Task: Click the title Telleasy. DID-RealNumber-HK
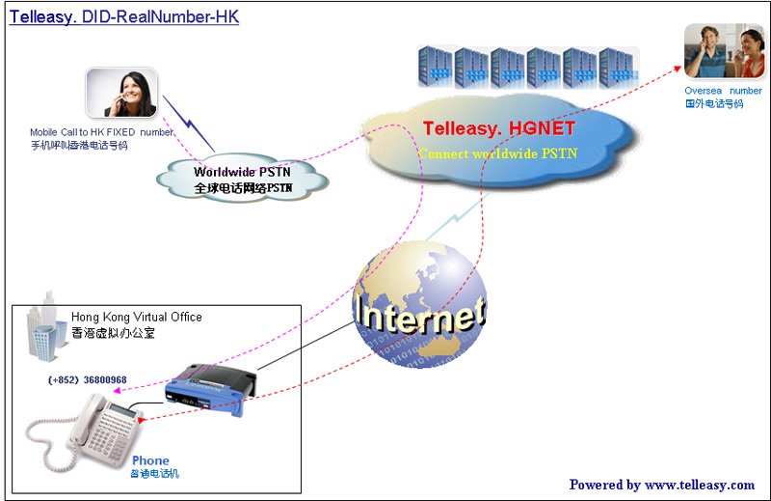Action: point(124,17)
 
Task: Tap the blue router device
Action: point(209,387)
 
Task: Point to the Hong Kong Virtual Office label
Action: point(137,317)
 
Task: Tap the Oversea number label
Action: point(723,91)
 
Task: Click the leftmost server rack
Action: point(435,68)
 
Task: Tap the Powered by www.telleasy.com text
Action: point(662,485)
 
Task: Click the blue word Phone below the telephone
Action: point(150,460)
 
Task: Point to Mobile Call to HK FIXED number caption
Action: point(101,132)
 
